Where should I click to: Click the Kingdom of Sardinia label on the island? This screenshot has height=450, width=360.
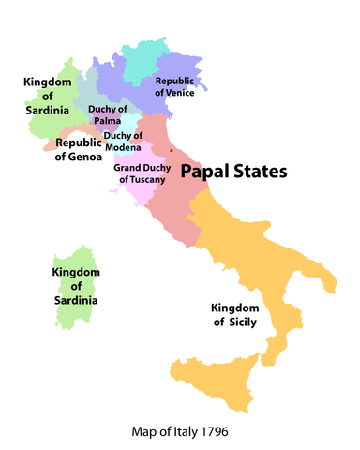pos(74,286)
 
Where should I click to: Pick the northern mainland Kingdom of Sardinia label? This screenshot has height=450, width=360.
pos(47,97)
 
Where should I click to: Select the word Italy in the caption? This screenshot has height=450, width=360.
pos(180,432)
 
